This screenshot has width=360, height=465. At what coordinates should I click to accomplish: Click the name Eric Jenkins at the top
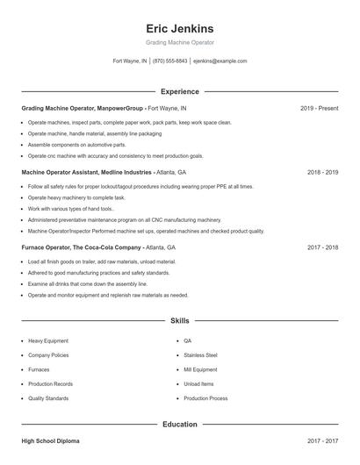[x=179, y=28]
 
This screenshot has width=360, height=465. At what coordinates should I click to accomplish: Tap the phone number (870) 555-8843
[x=169, y=61]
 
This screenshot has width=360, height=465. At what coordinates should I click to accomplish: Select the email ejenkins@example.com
[x=220, y=61]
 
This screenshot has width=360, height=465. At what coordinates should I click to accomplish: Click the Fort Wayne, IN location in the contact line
[x=130, y=61]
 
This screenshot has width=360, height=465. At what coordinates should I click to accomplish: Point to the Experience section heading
[x=179, y=91]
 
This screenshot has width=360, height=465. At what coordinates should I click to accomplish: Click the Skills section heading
[x=179, y=321]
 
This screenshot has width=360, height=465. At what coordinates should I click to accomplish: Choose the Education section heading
[x=179, y=425]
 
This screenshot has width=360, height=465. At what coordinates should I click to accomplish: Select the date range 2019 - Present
[x=319, y=108]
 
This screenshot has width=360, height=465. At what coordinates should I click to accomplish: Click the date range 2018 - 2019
[x=322, y=172]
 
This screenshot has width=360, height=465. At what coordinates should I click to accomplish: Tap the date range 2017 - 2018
[x=322, y=247]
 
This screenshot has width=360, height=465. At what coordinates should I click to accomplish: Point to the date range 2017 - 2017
[x=322, y=440]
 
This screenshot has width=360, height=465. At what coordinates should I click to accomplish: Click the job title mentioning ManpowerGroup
[x=82, y=108]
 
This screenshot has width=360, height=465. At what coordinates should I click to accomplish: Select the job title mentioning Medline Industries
[x=86, y=172]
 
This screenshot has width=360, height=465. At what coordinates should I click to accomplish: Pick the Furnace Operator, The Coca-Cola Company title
[x=81, y=247]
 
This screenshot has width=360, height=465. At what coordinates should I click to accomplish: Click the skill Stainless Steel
[x=200, y=355]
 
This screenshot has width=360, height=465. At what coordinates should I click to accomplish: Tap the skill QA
[x=187, y=340]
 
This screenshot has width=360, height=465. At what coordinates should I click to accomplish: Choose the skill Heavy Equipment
[x=47, y=340]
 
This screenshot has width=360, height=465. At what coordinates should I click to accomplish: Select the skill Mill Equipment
[x=199, y=369]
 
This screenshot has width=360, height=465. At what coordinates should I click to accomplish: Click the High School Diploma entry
[x=50, y=440]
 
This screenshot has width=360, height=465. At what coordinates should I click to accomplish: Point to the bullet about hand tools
[x=70, y=209]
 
